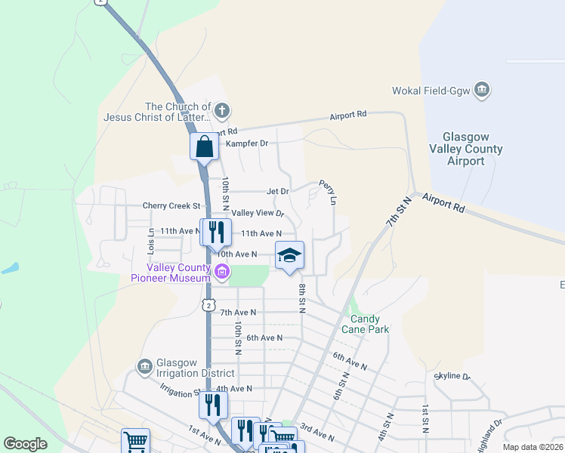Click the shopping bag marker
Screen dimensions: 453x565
[204, 146]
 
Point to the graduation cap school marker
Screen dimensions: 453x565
[289, 256]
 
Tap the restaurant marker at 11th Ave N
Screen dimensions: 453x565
[215, 233]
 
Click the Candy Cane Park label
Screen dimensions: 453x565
[370, 324]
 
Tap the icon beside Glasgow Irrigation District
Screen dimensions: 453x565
[144, 367]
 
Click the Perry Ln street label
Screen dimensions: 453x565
[327, 192]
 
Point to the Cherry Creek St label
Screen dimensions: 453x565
[171, 205]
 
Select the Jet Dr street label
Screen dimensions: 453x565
[277, 192]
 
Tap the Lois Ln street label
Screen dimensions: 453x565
[151, 241]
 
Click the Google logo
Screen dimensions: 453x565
[25, 444]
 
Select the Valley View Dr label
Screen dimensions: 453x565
[258, 214]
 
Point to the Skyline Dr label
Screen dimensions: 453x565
[453, 376]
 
